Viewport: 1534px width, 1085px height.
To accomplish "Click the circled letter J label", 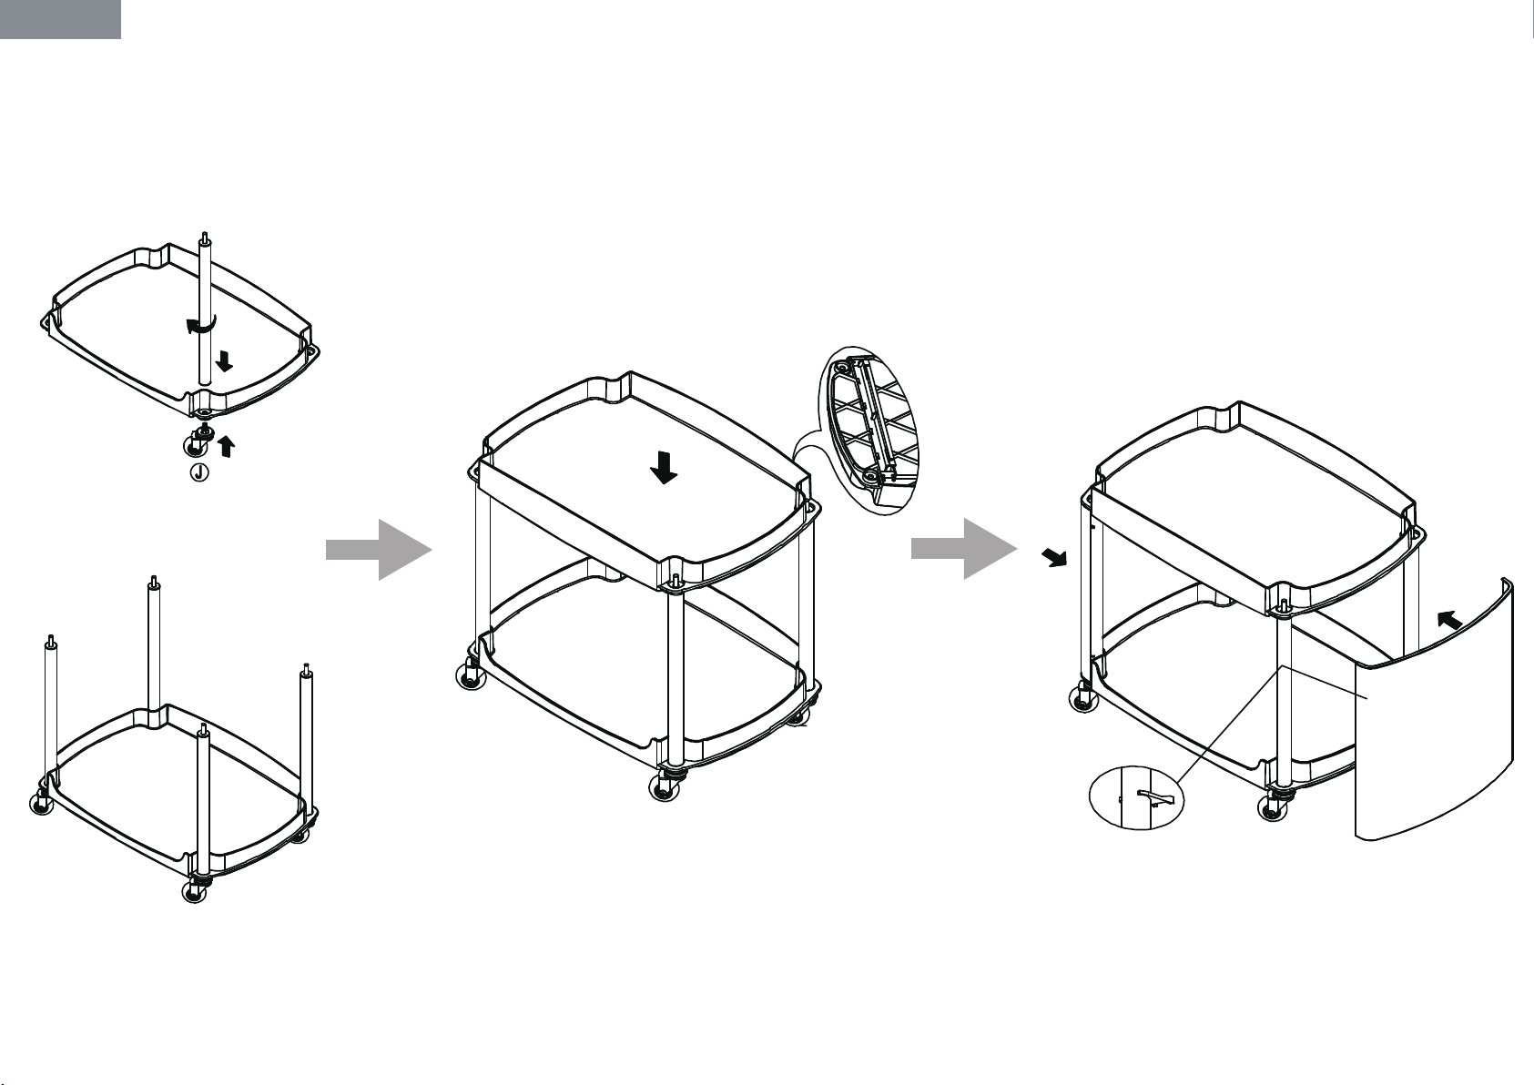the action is click(198, 472).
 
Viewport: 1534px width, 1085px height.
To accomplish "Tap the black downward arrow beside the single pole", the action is click(224, 360).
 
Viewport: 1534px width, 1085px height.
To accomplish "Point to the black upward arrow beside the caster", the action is click(226, 446).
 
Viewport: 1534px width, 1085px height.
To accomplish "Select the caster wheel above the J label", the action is click(197, 441).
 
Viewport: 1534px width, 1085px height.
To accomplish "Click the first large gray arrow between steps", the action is click(379, 550).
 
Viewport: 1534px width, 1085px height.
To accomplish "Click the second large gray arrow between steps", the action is click(964, 549).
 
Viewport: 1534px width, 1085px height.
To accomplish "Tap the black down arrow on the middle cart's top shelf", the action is click(664, 468).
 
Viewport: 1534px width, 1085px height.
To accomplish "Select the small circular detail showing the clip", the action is click(1136, 797).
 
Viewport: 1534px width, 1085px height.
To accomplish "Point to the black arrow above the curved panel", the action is click(1449, 620).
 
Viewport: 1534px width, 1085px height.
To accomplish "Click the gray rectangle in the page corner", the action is click(60, 19).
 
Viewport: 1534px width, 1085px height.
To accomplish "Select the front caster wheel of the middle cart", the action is click(665, 786).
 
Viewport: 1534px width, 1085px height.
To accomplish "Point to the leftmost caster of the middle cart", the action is click(472, 674).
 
